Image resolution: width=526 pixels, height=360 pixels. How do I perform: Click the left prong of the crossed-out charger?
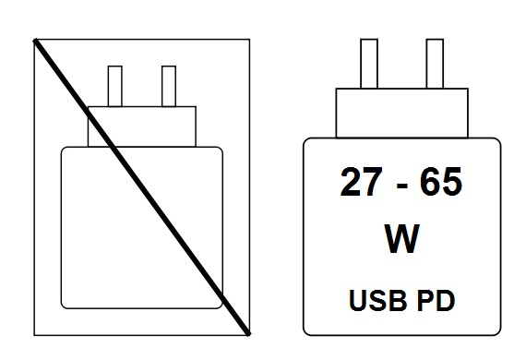(115, 86)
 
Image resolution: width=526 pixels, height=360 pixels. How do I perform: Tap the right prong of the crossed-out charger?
(168, 86)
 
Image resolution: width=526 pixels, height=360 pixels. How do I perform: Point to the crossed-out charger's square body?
(141, 227)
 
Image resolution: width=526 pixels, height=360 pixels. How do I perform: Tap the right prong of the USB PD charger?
(435, 64)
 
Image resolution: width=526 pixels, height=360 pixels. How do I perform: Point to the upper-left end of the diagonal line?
(35, 40)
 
